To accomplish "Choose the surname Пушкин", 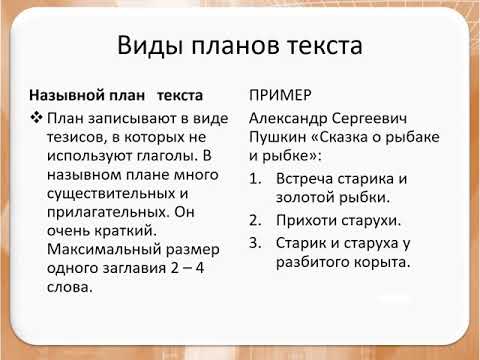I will point(278,139).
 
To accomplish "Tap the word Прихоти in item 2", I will point(309,220).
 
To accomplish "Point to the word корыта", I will point(378,262).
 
